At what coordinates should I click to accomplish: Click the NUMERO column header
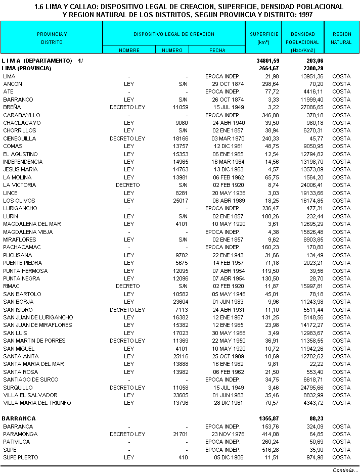(x=172, y=50)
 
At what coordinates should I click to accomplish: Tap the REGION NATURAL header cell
(x=341, y=38)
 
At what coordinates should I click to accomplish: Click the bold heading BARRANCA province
(x=19, y=418)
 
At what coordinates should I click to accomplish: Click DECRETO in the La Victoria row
(x=128, y=185)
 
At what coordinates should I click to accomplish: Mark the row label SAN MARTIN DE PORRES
(x=34, y=341)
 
